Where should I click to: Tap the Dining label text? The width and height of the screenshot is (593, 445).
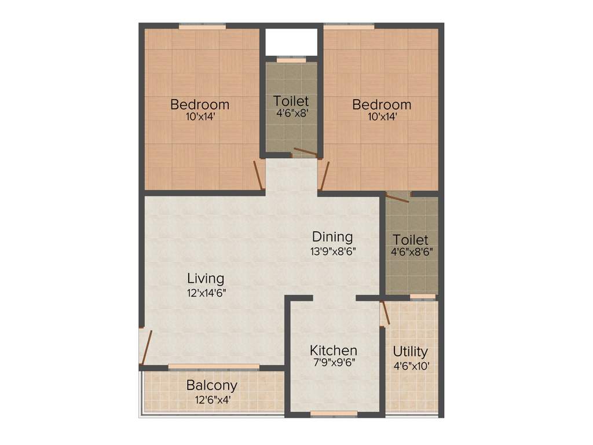click(332, 237)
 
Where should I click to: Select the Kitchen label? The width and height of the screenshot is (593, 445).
click(333, 351)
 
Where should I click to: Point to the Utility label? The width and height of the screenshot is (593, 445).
click(410, 352)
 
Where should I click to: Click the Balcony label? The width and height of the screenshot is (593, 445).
click(211, 385)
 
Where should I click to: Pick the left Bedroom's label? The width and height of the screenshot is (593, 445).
click(200, 105)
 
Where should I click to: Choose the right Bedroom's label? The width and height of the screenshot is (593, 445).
click(382, 105)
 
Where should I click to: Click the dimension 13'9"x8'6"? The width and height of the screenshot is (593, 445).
click(332, 251)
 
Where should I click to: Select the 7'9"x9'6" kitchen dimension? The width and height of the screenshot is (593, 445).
click(333, 363)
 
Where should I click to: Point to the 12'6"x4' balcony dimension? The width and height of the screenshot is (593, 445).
click(211, 399)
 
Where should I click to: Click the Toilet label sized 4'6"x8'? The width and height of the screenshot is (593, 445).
click(291, 101)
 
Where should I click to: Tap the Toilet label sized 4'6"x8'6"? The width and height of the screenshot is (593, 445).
click(411, 240)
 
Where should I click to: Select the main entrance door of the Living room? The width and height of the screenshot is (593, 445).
click(147, 347)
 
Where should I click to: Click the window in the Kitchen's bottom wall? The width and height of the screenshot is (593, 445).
click(334, 414)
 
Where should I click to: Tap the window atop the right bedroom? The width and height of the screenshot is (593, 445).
click(349, 26)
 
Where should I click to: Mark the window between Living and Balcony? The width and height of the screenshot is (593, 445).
click(214, 367)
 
